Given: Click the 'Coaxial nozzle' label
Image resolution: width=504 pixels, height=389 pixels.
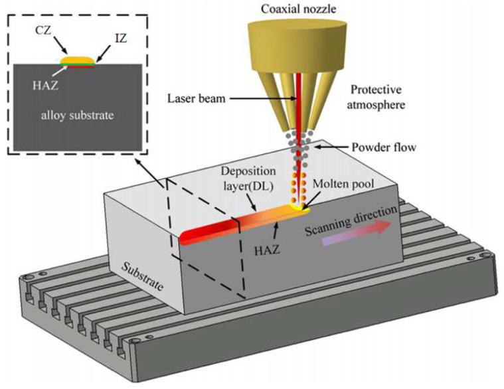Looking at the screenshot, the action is click(x=298, y=9).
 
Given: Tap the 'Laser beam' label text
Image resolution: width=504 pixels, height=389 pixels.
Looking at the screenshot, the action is click(x=197, y=98).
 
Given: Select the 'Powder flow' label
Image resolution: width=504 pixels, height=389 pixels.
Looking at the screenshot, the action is click(x=384, y=147).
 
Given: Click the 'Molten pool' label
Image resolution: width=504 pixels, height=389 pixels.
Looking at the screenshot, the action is click(x=343, y=184).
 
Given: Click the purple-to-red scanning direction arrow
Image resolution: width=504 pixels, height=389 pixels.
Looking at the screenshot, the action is click(x=356, y=233).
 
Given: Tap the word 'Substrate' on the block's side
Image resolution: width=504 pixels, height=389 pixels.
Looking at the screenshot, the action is click(x=142, y=276).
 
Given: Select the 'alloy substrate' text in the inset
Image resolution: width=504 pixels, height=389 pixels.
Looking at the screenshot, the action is click(x=78, y=115).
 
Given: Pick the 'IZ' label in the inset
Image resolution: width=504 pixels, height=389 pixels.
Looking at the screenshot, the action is click(x=120, y=39).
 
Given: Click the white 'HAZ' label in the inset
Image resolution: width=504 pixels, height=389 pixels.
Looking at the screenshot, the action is click(x=45, y=85).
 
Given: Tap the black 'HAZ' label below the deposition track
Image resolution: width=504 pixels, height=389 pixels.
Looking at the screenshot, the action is click(x=267, y=250).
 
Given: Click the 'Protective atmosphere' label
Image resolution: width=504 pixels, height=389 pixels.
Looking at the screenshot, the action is click(x=376, y=97).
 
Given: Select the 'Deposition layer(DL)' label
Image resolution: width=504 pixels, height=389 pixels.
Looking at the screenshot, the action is click(x=248, y=178).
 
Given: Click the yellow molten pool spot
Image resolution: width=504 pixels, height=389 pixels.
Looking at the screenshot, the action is click(x=300, y=208).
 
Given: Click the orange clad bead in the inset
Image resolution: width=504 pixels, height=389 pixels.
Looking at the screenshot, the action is click(x=78, y=60).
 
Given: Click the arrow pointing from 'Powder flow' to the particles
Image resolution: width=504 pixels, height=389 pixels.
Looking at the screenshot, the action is click(x=331, y=147).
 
